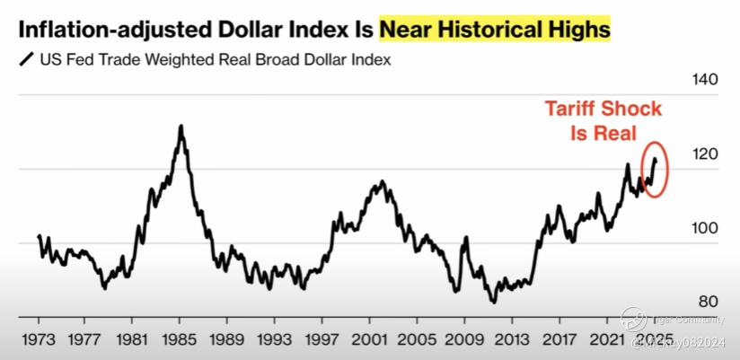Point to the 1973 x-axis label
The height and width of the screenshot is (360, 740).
pyautogui.click(x=40, y=341)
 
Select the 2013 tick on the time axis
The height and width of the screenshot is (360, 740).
pyautogui.click(x=512, y=341)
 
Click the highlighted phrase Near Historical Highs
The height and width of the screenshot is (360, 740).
pyautogui.click(x=494, y=31)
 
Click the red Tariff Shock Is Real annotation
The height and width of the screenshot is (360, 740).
pyautogui.click(x=603, y=121)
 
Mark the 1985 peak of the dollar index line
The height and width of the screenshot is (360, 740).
pyautogui.click(x=181, y=126)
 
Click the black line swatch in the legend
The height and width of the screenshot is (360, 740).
pyautogui.click(x=24, y=62)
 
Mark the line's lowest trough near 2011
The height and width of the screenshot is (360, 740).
pyautogui.click(x=492, y=302)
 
